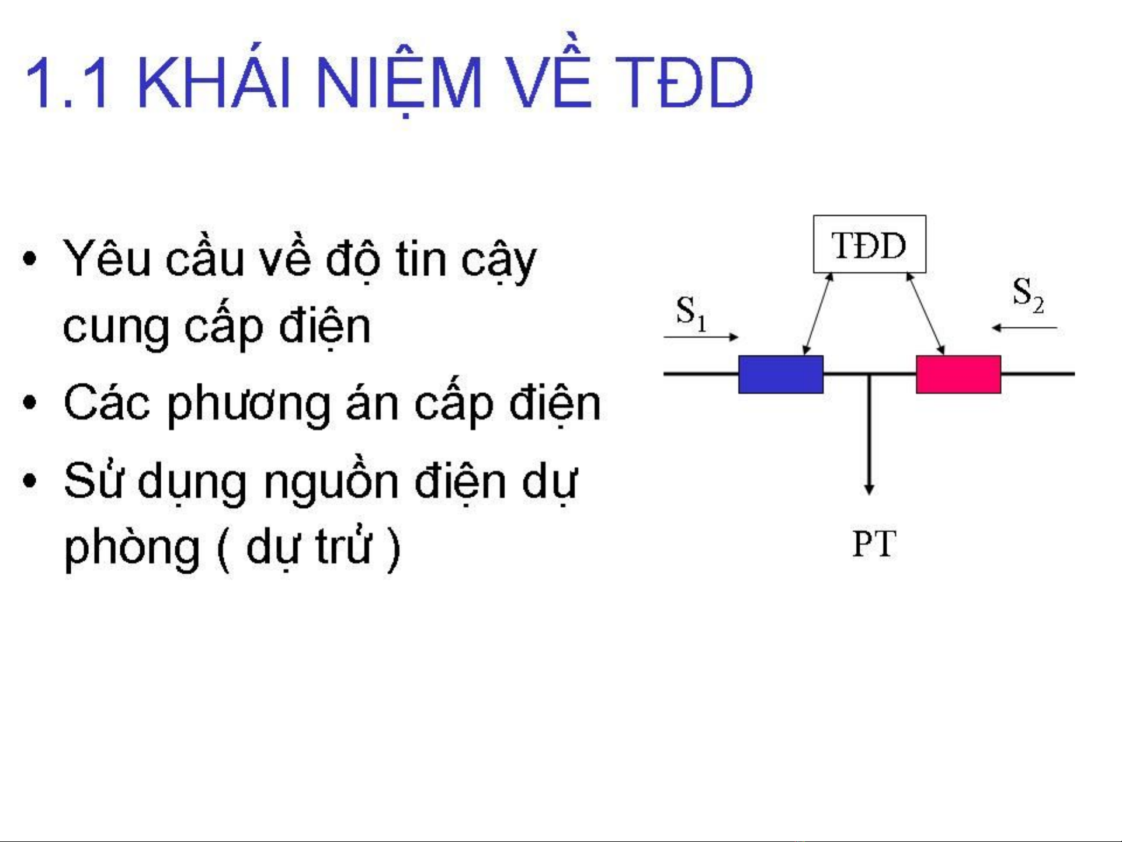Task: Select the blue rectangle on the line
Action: pos(781,374)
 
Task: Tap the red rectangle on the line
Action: pos(958,374)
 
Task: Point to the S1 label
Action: pos(692,313)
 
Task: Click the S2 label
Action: pos(1029,295)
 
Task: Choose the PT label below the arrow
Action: pos(874,544)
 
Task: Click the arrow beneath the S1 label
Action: pos(701,337)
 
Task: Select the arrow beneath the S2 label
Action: pos(1024,328)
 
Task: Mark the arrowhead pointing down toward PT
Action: pos(869,489)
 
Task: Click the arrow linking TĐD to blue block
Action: pos(818,314)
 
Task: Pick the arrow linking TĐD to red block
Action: pos(925,314)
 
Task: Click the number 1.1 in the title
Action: pos(68,83)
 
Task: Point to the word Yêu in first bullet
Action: pos(107,258)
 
